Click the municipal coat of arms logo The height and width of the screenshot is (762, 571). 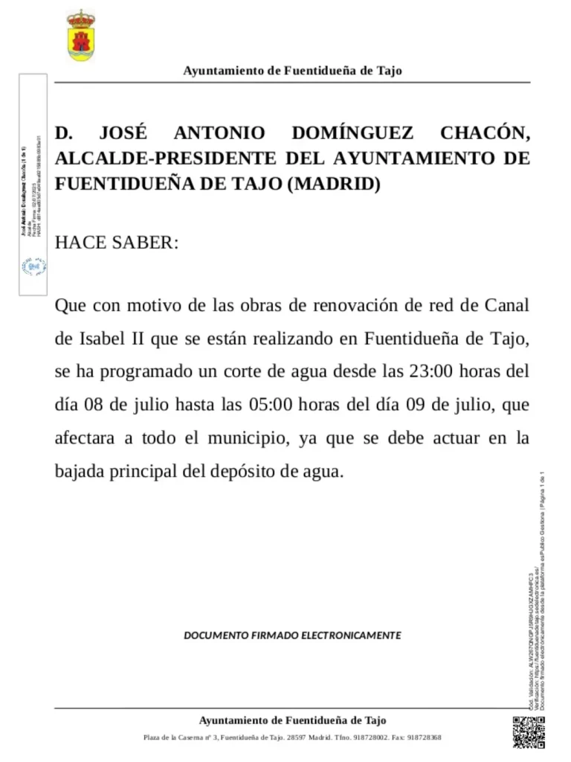[x=80, y=35]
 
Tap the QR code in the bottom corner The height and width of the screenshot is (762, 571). [x=529, y=732]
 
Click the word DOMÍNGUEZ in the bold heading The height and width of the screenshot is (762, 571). [x=353, y=134]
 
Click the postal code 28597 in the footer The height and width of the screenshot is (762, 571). [x=297, y=737]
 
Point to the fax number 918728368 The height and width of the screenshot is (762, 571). [x=425, y=737]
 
